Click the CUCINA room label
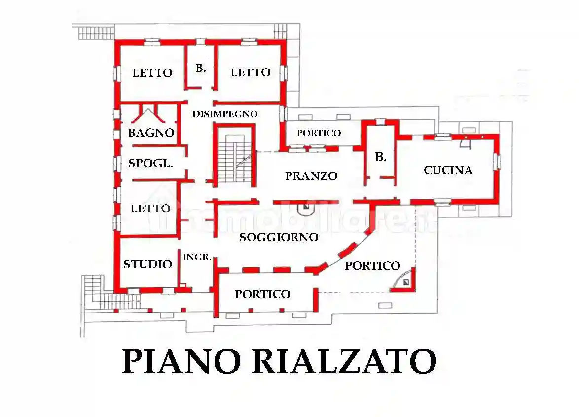[x=448, y=170]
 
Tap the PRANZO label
[x=311, y=175]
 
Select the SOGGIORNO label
[x=279, y=237]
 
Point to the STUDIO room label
[x=147, y=264]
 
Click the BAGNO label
[x=151, y=133]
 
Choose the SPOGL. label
[x=150, y=163]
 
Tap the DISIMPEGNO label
[x=225, y=114]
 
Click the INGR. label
[x=197, y=257]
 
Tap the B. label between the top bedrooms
[x=201, y=69]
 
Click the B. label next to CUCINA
[x=381, y=157]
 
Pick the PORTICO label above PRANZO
[x=319, y=133]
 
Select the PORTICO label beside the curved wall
[x=372, y=266]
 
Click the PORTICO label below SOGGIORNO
[x=262, y=294]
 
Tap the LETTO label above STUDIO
[x=150, y=208]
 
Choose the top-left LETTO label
[x=152, y=73]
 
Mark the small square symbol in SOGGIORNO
[x=306, y=208]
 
